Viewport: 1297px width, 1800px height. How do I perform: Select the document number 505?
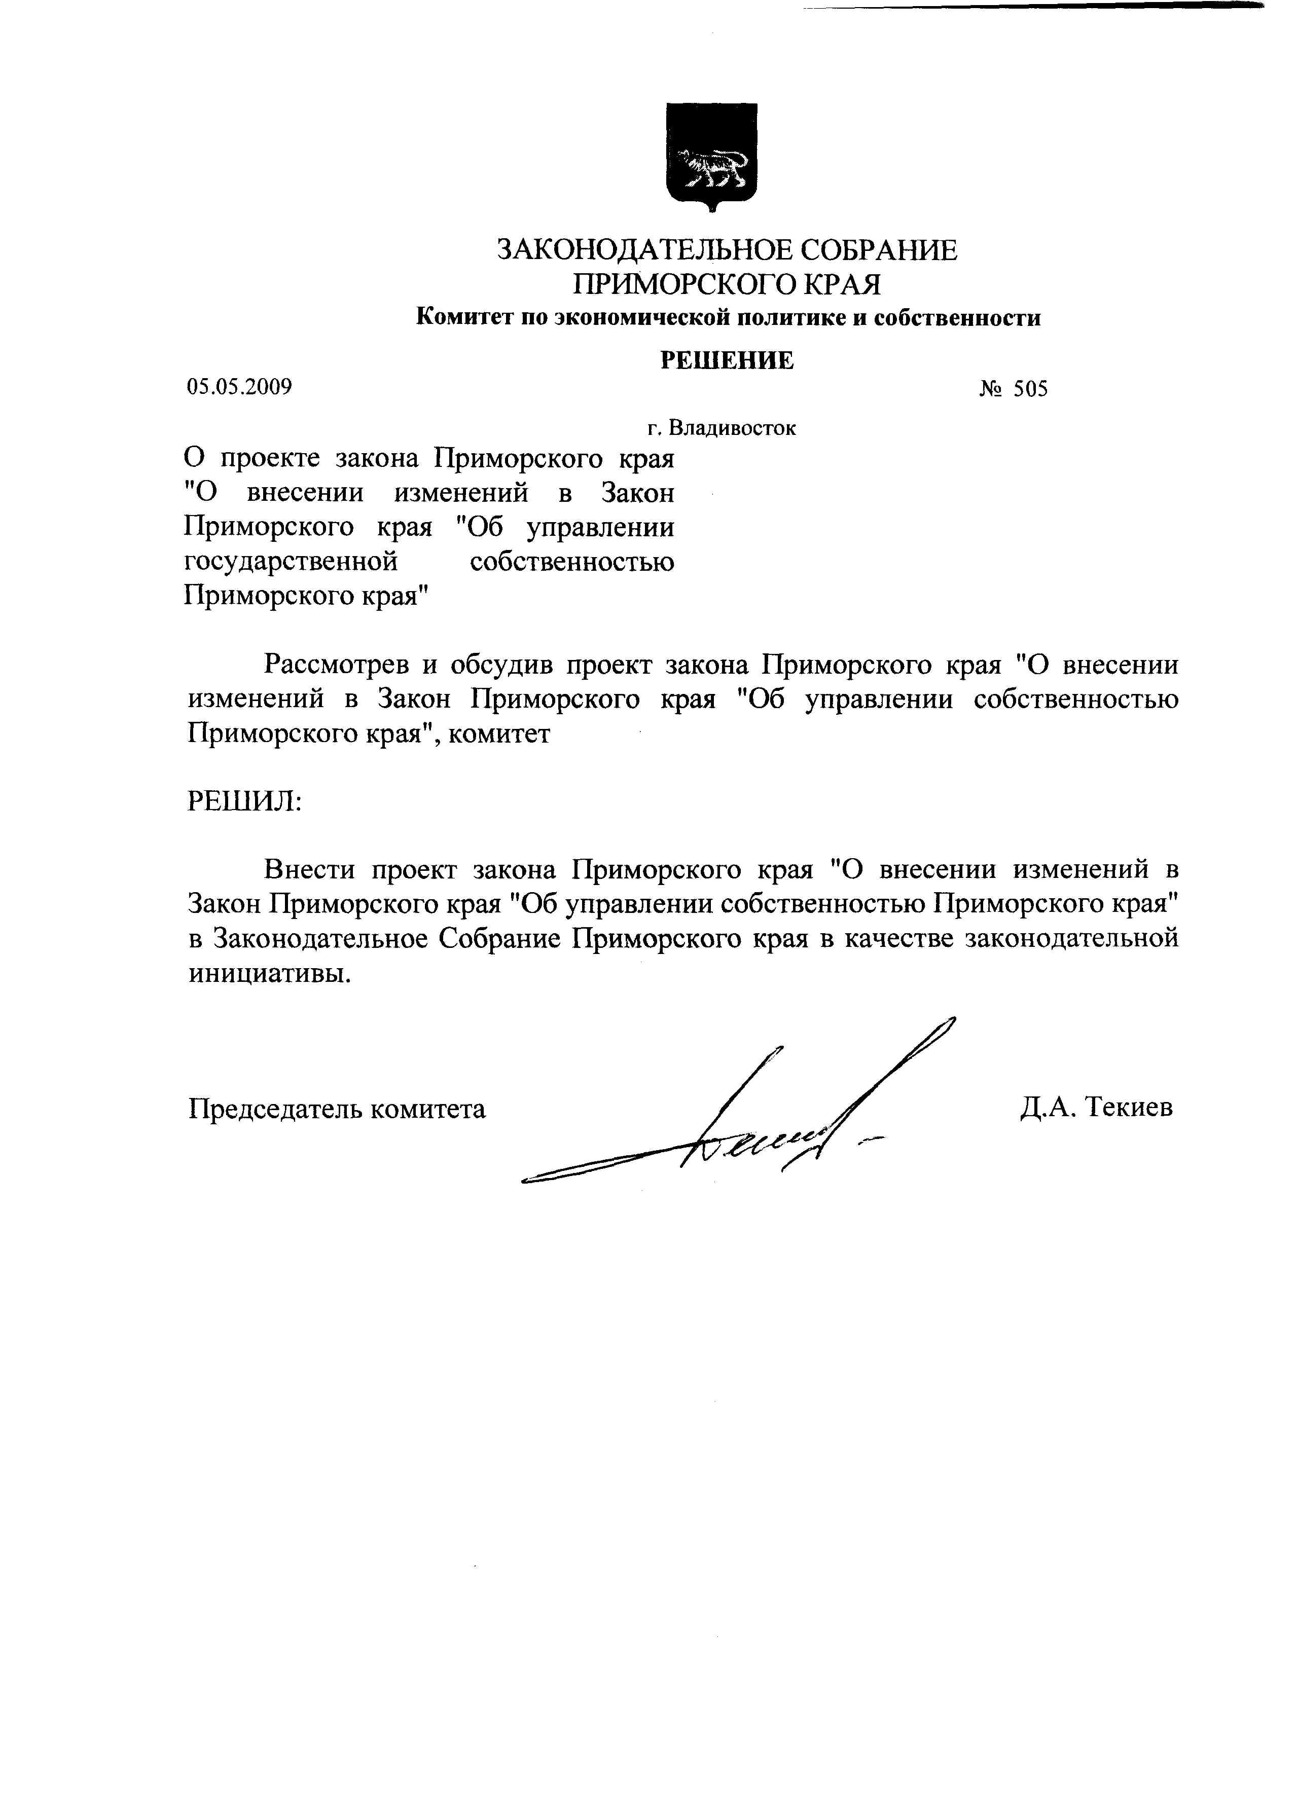(x=1029, y=389)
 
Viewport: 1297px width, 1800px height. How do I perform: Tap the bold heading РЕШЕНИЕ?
(x=727, y=360)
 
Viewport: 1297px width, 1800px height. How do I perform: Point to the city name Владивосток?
(x=732, y=428)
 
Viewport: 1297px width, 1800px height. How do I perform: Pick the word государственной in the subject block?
(x=291, y=562)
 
